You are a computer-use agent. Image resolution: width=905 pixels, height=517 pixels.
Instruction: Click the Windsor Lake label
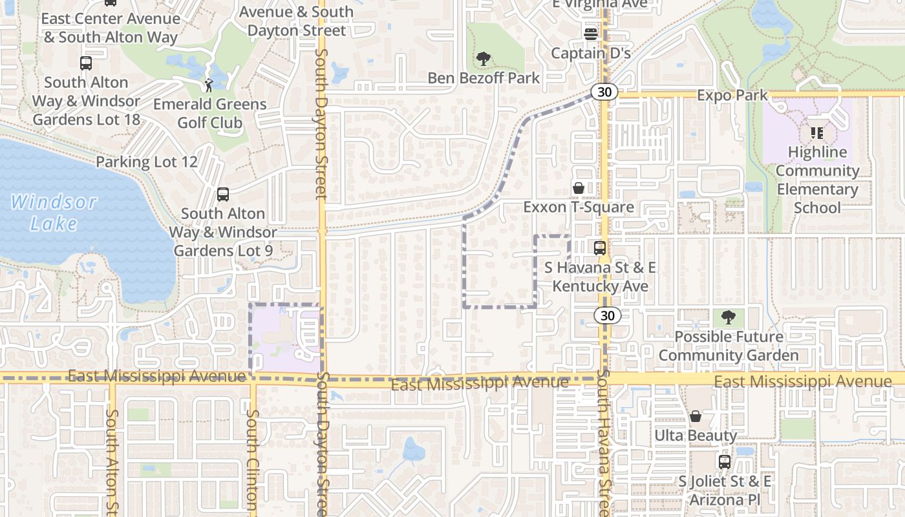tap(54, 213)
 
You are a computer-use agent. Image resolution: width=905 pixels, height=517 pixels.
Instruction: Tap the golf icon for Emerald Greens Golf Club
tap(209, 85)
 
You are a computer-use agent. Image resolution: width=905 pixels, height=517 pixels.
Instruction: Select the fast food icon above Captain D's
tap(590, 34)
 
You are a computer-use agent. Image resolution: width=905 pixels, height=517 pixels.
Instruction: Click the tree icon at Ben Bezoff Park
tap(483, 59)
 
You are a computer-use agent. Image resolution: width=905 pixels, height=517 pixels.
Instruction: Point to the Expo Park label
tap(732, 96)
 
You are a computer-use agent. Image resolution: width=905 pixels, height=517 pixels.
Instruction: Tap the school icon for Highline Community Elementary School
tap(817, 133)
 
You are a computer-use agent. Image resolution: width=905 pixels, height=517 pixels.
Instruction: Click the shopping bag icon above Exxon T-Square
tap(579, 188)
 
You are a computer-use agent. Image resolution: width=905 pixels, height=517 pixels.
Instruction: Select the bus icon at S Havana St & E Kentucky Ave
tap(600, 248)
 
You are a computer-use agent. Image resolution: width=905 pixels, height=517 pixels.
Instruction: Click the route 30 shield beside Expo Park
tap(604, 92)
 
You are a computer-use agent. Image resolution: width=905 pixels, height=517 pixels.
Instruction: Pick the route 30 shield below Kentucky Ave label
tap(607, 315)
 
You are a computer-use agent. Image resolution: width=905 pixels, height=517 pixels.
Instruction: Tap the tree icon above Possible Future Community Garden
tap(729, 317)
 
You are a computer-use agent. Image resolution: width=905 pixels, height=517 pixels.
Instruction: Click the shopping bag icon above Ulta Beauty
tap(696, 416)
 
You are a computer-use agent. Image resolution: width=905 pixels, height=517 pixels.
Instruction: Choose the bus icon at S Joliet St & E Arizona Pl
tap(725, 462)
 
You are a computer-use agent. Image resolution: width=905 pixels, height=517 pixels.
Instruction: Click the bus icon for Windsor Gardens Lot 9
tap(223, 194)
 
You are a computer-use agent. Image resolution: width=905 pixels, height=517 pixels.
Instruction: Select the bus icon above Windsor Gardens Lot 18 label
tap(86, 63)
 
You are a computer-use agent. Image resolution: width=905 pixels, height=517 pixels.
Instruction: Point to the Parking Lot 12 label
tap(147, 162)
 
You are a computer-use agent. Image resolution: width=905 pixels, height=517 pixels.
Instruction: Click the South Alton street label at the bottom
tap(112, 459)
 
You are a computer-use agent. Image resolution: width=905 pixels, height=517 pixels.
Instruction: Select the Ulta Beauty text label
tap(696, 436)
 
